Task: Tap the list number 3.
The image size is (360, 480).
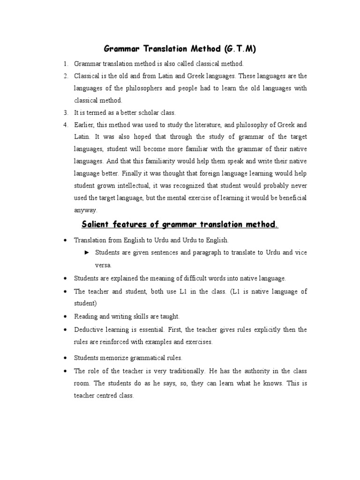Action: (66, 112)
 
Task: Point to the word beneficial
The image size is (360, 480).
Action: (291, 198)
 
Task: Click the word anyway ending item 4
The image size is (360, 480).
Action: (85, 210)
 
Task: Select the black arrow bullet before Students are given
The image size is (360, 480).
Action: (86, 252)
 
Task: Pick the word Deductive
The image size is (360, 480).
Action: (89, 330)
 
